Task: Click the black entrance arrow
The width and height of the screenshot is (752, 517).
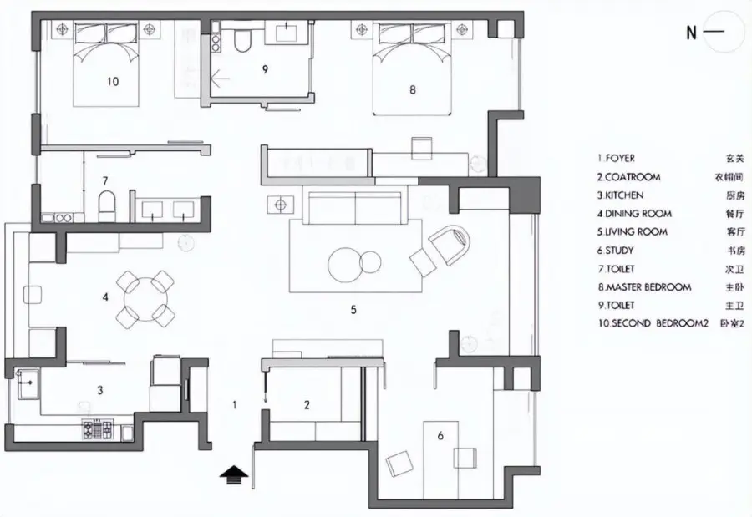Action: (234, 476)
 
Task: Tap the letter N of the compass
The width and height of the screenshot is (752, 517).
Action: (691, 33)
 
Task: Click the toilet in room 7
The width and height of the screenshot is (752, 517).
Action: (108, 206)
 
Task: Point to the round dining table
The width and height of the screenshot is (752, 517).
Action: (145, 300)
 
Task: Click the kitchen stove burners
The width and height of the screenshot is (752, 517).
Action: (99, 429)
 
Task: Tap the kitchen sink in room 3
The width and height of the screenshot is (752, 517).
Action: (28, 383)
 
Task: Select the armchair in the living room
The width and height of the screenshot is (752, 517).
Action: (450, 244)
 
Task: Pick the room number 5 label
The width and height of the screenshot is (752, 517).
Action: (353, 310)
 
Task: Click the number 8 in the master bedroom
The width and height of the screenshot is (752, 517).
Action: (413, 89)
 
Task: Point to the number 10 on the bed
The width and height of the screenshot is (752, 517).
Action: (113, 82)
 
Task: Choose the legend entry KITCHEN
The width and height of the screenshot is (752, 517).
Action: (620, 195)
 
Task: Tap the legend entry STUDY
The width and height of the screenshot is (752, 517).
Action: (615, 251)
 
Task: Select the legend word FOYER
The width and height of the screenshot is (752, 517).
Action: (617, 158)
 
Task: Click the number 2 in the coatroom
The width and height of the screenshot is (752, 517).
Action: (307, 405)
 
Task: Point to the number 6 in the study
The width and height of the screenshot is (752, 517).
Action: (440, 435)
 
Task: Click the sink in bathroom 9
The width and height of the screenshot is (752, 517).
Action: (287, 33)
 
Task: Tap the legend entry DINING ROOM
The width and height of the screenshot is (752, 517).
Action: (634, 214)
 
